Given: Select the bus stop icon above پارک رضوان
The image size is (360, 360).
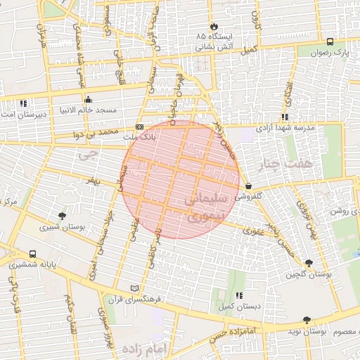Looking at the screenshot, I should (330, 41).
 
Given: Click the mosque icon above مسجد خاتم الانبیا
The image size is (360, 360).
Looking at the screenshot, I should (88, 100).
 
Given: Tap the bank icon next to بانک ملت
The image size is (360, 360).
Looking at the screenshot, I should (139, 127).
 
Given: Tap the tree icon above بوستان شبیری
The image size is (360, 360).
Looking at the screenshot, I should (63, 216).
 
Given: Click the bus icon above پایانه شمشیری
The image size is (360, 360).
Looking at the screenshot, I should (33, 254).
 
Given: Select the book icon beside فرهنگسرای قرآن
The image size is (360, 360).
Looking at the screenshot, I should (135, 288).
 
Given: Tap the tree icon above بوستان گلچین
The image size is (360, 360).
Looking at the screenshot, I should (309, 263).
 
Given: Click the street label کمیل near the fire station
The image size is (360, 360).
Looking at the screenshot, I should (247, 51).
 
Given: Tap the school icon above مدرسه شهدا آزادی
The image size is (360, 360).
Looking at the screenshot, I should (285, 117).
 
